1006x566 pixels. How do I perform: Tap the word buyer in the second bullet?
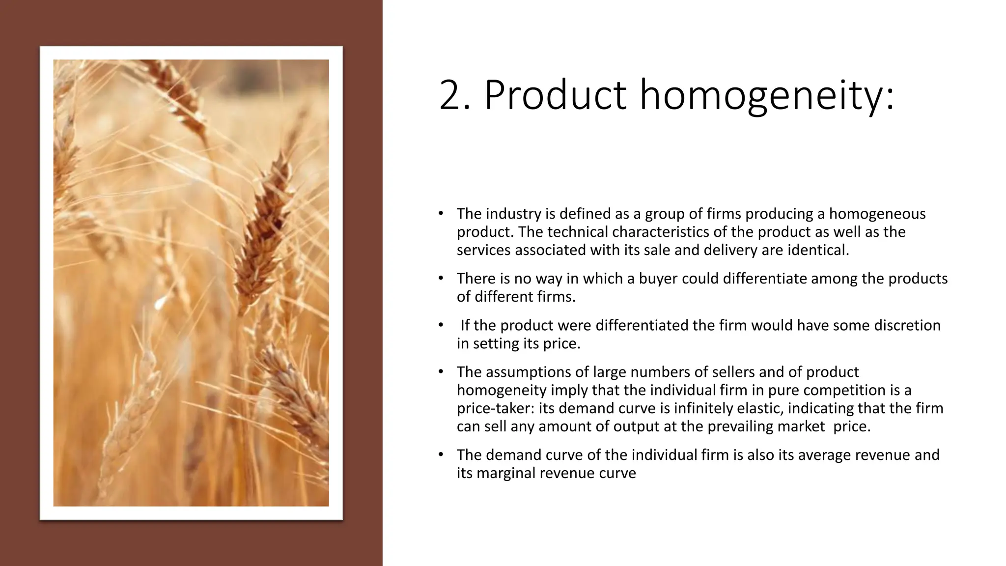point(650,279)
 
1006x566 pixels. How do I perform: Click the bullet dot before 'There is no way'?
point(441,279)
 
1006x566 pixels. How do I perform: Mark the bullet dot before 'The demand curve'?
point(441,455)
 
